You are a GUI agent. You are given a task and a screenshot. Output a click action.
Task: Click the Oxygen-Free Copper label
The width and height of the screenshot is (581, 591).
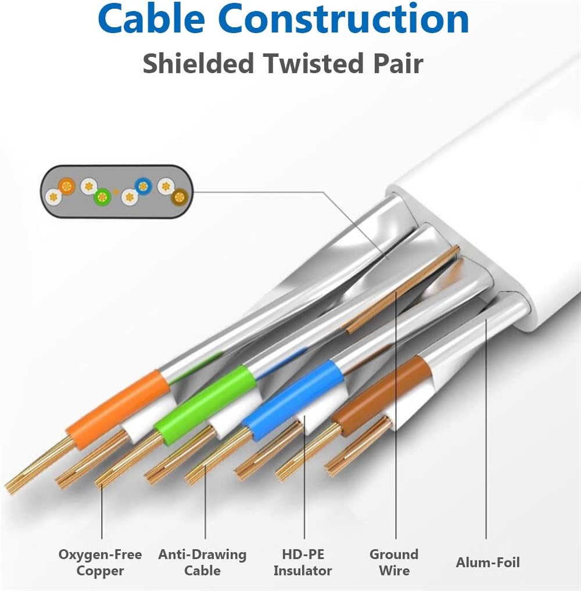100,562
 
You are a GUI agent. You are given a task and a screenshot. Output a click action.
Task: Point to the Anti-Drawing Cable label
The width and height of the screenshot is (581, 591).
202,562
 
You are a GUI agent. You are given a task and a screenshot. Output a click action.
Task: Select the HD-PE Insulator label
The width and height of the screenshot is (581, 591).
303,562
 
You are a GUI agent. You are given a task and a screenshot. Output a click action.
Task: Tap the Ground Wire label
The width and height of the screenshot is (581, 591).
394,562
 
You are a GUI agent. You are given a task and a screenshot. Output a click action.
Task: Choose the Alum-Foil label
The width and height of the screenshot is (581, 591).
487,562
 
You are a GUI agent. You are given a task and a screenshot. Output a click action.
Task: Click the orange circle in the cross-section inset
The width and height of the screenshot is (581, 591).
67,186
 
